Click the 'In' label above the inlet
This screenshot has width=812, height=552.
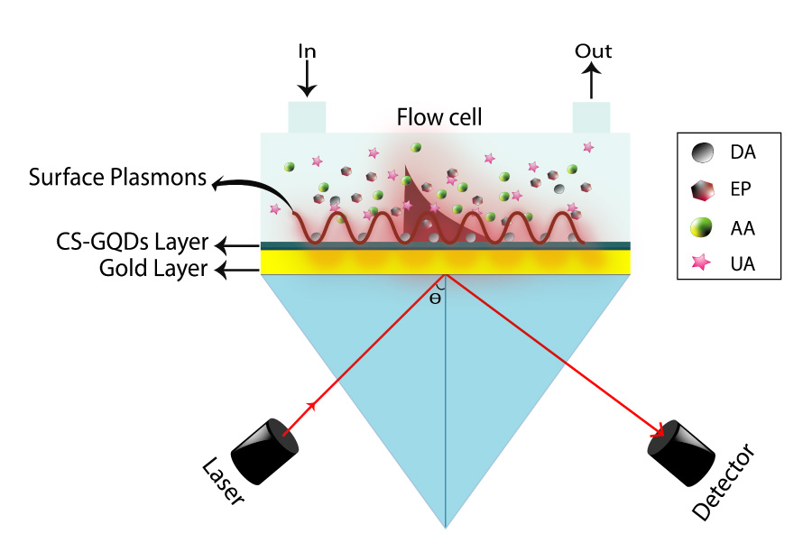[x=307, y=51]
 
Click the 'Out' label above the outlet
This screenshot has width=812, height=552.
[x=593, y=51]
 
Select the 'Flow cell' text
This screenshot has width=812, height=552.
[x=439, y=117]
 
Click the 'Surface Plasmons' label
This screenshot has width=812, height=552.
[x=118, y=177]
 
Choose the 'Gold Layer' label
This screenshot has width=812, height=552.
[x=153, y=268]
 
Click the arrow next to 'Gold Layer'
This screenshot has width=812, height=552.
[x=234, y=268]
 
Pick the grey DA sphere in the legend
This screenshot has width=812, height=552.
[x=706, y=152]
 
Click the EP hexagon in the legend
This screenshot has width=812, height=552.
[x=706, y=190]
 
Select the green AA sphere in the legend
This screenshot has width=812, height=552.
[x=706, y=228]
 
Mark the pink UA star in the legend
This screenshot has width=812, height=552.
[x=706, y=264]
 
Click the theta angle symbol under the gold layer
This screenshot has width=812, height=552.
[x=435, y=298]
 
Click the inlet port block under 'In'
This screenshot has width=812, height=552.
[x=307, y=117]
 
